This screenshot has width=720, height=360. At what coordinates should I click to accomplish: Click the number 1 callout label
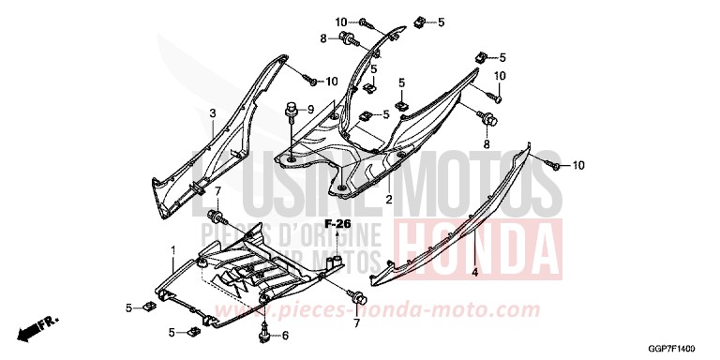point(172,248)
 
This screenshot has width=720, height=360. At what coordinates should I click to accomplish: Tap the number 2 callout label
point(389,200)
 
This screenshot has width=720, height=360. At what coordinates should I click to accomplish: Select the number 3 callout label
point(212,113)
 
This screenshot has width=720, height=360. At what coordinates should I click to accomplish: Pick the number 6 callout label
point(285,335)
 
